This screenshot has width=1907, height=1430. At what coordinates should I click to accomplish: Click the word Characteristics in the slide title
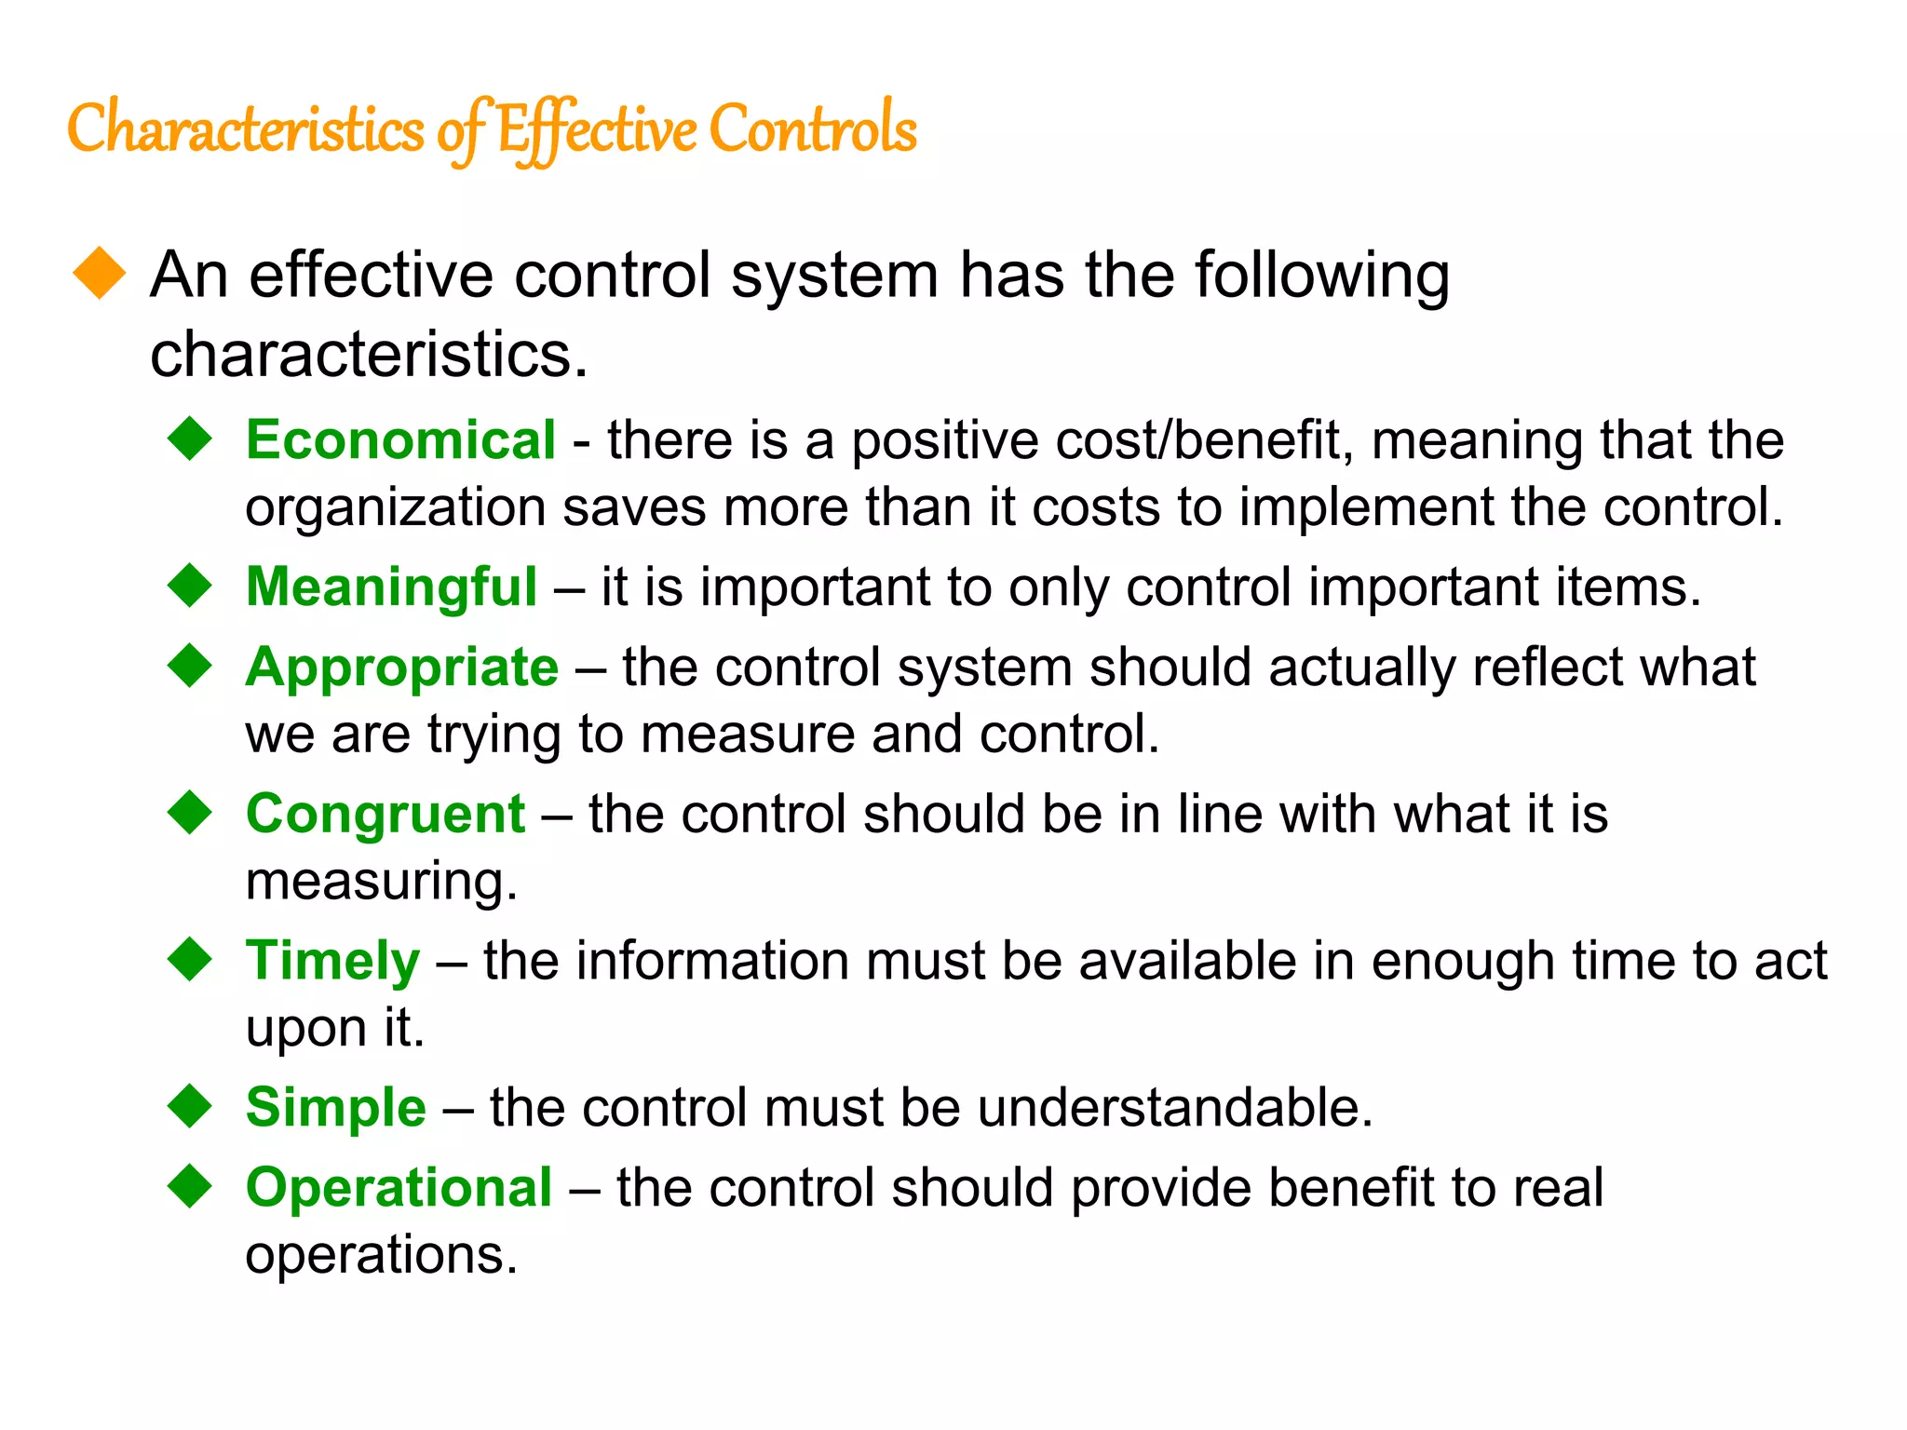point(245,128)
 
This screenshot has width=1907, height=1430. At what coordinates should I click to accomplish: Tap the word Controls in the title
point(813,128)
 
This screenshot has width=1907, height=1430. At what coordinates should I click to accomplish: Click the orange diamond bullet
point(99,274)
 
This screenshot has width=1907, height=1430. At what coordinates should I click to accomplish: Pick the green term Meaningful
point(391,587)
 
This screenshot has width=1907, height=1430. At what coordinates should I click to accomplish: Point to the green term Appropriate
point(401,668)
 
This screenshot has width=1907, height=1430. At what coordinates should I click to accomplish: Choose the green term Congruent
point(385,814)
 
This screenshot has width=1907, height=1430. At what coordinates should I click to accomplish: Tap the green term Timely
point(332,961)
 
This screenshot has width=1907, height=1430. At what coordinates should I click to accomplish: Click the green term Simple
point(335,1107)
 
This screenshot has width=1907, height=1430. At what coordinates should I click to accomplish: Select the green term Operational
point(399,1188)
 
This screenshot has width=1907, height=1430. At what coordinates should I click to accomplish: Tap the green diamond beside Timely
point(191,959)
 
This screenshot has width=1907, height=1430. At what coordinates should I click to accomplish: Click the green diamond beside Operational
point(191,1186)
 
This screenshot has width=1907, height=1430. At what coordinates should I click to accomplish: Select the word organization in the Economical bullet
point(395,508)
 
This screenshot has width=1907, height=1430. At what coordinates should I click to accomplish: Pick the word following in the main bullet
point(1321,276)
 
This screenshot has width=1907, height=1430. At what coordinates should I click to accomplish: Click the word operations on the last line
point(381,1255)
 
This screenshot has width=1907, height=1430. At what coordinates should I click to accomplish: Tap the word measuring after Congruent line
point(381,882)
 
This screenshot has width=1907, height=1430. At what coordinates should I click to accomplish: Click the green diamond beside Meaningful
point(191,586)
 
